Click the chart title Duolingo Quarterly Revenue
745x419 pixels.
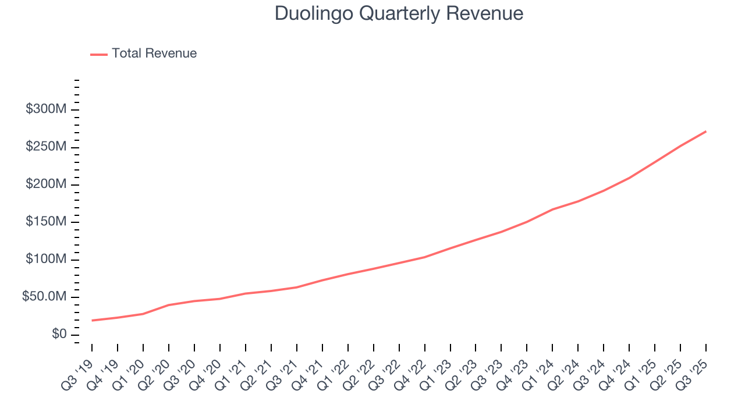399,13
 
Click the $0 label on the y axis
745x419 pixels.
59,335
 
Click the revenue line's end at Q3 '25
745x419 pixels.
706,132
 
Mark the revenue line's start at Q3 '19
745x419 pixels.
92,320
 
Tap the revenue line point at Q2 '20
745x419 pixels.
169,305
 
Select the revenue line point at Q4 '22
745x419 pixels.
425,257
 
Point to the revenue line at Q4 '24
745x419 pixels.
629,178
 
